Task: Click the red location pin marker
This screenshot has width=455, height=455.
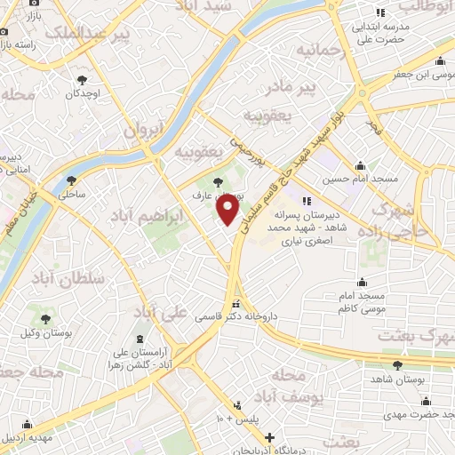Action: [228, 210]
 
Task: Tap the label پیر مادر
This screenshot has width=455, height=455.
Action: [293, 87]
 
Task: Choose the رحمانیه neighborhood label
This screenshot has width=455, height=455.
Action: [319, 48]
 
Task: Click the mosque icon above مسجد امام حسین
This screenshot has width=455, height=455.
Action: [360, 166]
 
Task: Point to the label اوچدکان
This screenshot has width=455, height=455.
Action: [81, 93]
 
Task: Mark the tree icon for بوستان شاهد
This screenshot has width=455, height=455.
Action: [396, 365]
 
